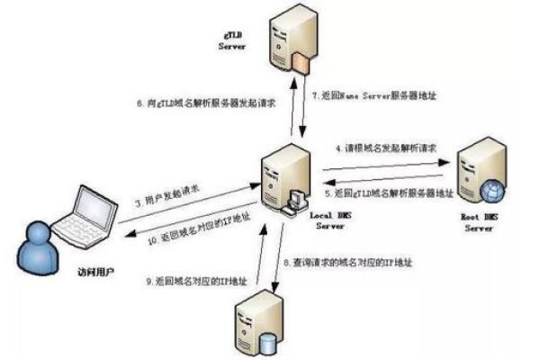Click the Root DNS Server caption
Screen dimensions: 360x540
point(479,223)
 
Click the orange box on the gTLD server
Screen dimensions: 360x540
point(301,61)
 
